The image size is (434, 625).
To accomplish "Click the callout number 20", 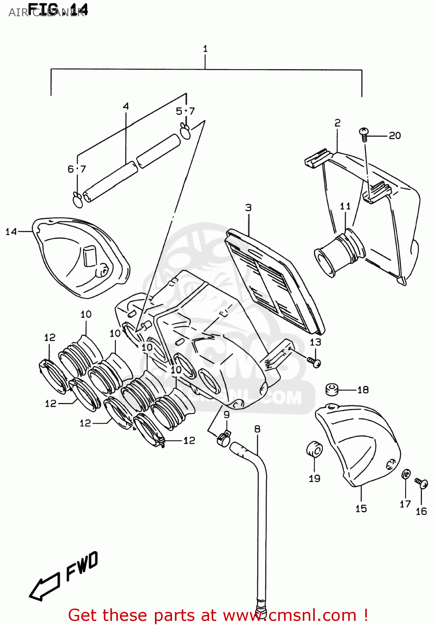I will tap(394, 135).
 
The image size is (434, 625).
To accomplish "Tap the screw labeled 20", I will tap(364, 133).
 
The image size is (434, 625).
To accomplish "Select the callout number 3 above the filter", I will tap(248, 207).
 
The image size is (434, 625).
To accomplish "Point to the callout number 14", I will tap(11, 232).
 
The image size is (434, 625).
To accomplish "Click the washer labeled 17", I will tap(406, 475).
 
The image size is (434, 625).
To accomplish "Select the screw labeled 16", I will tap(422, 483).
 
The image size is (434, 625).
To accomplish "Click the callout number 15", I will tap(361, 508).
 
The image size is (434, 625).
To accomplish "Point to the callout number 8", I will tap(257, 428).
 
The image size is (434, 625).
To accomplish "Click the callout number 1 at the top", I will tap(205, 49).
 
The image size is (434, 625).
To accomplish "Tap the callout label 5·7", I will tap(185, 111).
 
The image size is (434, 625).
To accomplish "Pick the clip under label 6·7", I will tap(77, 200).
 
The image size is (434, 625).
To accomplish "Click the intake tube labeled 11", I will tap(339, 252).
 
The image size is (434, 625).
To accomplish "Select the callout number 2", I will tap(337, 122).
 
